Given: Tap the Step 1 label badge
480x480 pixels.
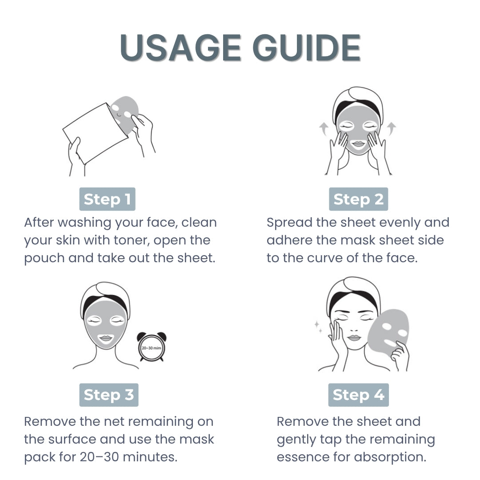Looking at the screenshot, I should [x=107, y=199].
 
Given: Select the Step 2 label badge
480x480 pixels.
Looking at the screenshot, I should [x=358, y=199].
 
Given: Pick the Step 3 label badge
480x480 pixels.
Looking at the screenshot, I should [x=108, y=395].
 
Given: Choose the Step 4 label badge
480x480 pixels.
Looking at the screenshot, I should [x=358, y=395].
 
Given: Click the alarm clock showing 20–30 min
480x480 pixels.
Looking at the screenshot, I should [x=151, y=347].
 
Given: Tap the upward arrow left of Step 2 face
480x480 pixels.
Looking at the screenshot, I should [x=324, y=129].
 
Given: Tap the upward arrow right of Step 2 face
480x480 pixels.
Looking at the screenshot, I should [x=391, y=129].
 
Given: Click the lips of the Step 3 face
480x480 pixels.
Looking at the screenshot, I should [x=105, y=338].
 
